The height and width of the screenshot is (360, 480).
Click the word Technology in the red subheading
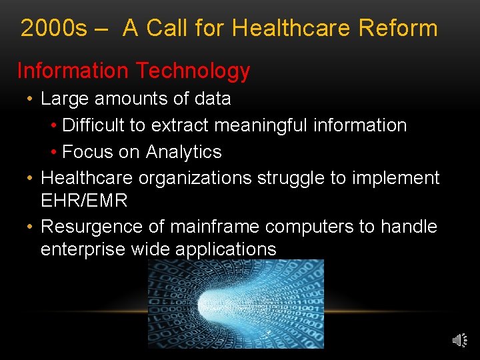[x=192, y=71]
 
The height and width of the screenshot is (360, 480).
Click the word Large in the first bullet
[x=65, y=99]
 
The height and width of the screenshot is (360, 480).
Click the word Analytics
[x=183, y=152]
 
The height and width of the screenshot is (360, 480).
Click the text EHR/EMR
[x=84, y=200]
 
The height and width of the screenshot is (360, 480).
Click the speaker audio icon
[x=459, y=341]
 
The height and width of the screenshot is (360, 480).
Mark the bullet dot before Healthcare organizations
[x=30, y=179]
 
